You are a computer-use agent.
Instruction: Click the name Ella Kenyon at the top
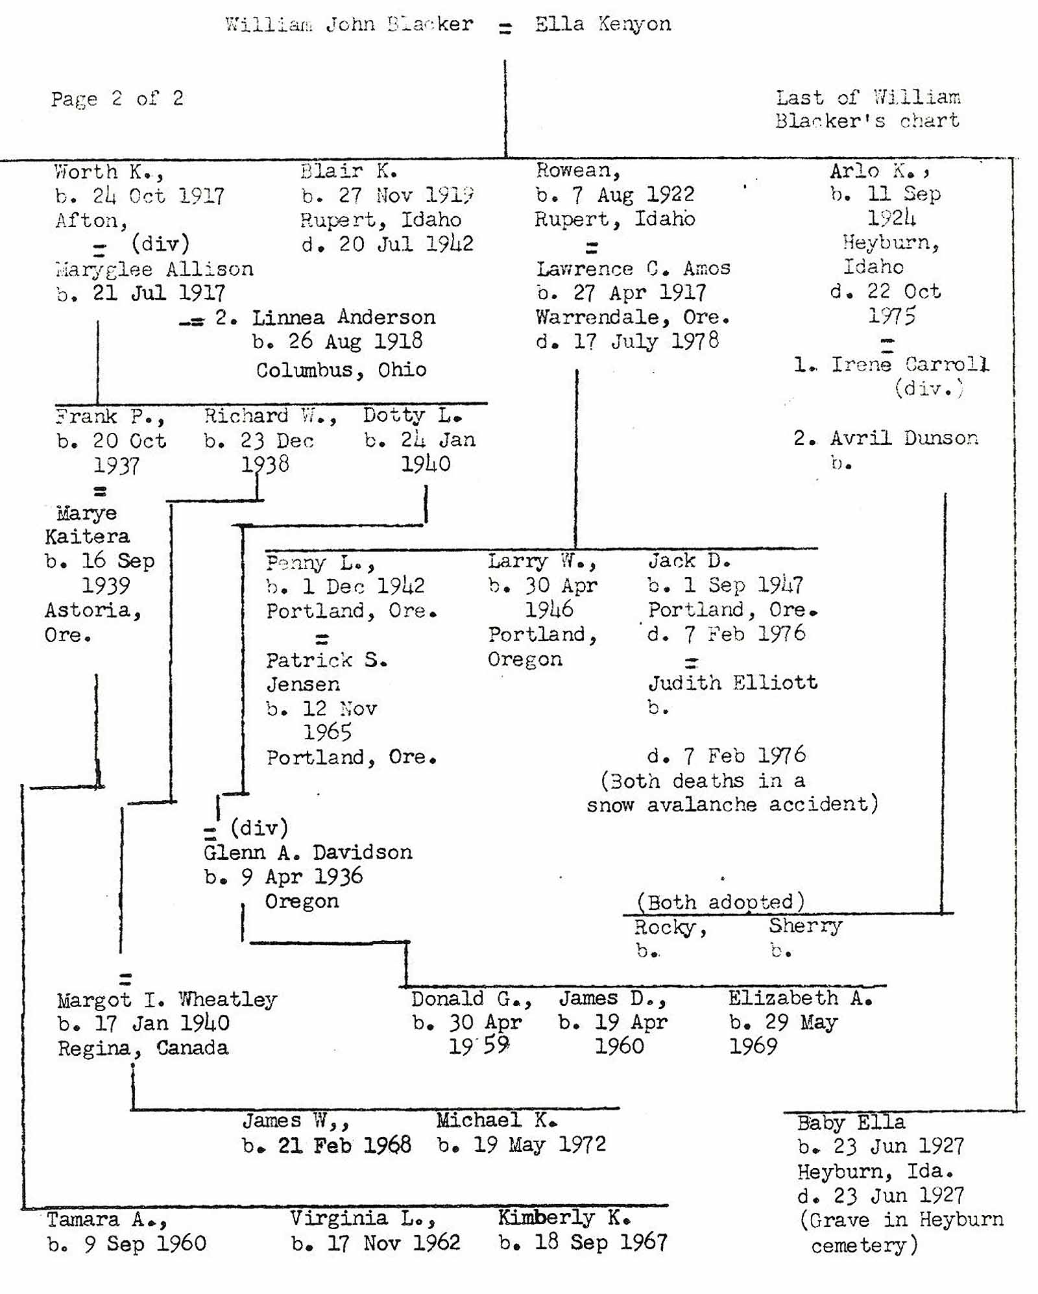tap(603, 25)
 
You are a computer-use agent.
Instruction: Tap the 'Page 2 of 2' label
tap(117, 99)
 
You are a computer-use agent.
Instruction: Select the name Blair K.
tap(349, 171)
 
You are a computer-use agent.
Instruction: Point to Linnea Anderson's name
tap(343, 318)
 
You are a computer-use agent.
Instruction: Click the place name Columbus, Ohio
tap(341, 371)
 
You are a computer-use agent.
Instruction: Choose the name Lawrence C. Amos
tap(633, 269)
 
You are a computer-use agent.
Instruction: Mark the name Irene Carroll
tap(910, 365)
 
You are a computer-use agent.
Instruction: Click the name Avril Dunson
tap(904, 439)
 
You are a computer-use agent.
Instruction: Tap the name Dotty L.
tap(413, 415)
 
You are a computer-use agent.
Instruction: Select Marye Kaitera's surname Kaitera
tap(88, 537)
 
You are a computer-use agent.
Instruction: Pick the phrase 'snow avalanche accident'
tap(732, 805)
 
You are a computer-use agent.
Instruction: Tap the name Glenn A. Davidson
tap(308, 853)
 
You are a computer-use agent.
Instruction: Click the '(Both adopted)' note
tap(721, 902)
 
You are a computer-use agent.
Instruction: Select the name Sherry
tap(805, 926)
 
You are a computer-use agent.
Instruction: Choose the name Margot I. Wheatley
tap(167, 1000)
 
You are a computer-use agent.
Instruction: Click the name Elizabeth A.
tap(800, 999)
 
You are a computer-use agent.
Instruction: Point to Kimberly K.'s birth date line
tap(583, 1243)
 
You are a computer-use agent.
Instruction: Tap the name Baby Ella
tap(851, 1123)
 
